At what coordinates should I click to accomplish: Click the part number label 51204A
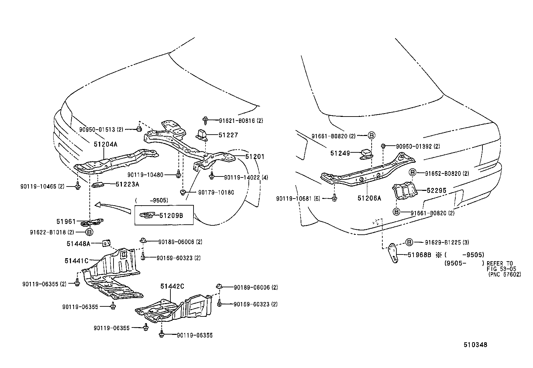(x=105, y=144)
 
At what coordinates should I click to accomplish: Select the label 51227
(x=228, y=135)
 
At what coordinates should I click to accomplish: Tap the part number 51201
(x=255, y=156)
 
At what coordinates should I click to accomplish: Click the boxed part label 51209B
(x=171, y=215)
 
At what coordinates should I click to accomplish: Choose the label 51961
(x=66, y=221)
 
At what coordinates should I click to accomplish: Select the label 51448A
(x=78, y=244)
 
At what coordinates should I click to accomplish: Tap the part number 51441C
(x=76, y=261)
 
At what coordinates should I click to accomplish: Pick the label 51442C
(x=172, y=286)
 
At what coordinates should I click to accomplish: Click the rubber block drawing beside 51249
(x=367, y=154)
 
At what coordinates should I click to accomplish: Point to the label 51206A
(x=369, y=198)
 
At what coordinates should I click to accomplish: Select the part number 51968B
(x=420, y=254)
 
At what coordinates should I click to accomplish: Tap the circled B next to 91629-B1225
(x=409, y=242)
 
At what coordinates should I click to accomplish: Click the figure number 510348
(x=475, y=345)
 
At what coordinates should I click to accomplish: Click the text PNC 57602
(x=505, y=274)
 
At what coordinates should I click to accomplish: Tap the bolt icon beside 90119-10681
(x=334, y=199)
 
